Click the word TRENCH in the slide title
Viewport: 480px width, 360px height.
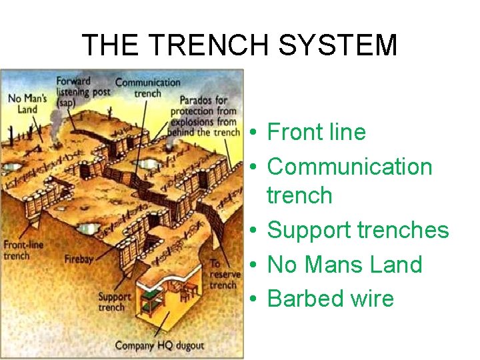(201, 45)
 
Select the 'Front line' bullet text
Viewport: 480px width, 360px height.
(316, 132)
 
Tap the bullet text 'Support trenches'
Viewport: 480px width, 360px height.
(358, 230)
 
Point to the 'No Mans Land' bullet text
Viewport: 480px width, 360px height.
(345, 265)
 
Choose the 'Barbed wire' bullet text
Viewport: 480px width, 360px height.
(331, 299)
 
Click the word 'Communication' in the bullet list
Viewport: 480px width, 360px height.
(350, 166)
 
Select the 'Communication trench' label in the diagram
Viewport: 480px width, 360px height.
(147, 87)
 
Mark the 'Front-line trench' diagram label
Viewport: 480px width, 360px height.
(23, 250)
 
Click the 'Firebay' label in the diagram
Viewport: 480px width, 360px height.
(79, 259)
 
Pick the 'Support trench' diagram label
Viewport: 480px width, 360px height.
(111, 302)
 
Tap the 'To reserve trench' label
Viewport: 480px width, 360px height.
(224, 274)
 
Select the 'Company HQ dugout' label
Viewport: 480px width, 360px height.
(159, 345)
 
